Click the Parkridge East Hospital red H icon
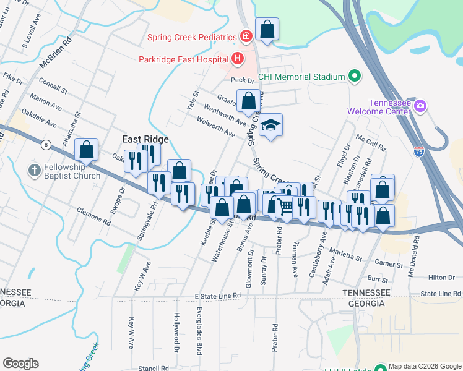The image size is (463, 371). pos(236,59)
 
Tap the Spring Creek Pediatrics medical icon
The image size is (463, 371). pos(246,37)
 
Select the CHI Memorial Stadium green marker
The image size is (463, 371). pos(354,77)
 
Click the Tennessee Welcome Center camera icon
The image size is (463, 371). pos(420,106)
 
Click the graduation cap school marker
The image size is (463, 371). pos(270,126)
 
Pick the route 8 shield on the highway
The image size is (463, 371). pos(46,145)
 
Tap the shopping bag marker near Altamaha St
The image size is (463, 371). pos(86,149)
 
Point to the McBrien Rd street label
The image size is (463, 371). pos(54,54)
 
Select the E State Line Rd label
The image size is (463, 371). pos(217,297)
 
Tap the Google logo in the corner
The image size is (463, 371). pos(20,364)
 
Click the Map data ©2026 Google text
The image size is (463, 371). pos(424,366)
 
